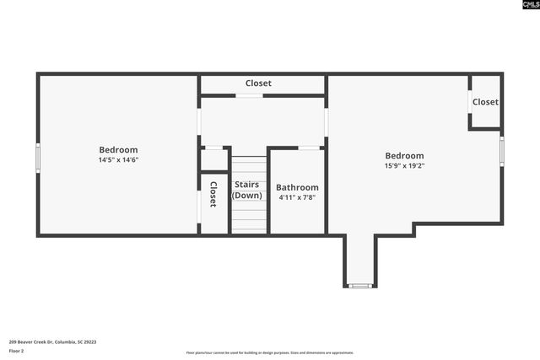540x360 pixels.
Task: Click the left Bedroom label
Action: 118,150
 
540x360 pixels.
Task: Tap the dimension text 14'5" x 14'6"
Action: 118,160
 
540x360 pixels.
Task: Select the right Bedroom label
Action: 404,155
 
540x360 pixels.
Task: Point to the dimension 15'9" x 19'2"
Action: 404,166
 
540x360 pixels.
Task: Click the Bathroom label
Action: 297,187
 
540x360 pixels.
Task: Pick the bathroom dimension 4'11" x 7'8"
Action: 297,198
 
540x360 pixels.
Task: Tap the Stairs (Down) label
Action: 247,190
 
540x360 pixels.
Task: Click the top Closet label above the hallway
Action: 258,83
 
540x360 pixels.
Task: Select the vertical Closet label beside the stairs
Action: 213,195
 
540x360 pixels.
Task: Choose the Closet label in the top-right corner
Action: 485,102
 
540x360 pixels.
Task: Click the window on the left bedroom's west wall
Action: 37,158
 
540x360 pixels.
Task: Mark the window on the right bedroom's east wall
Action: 502,151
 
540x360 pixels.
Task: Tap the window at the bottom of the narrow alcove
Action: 360,286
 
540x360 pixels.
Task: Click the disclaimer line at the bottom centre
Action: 270,353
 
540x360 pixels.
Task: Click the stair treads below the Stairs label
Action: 249,218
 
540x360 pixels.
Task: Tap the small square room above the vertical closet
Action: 213,159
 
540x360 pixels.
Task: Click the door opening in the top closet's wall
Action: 249,95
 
